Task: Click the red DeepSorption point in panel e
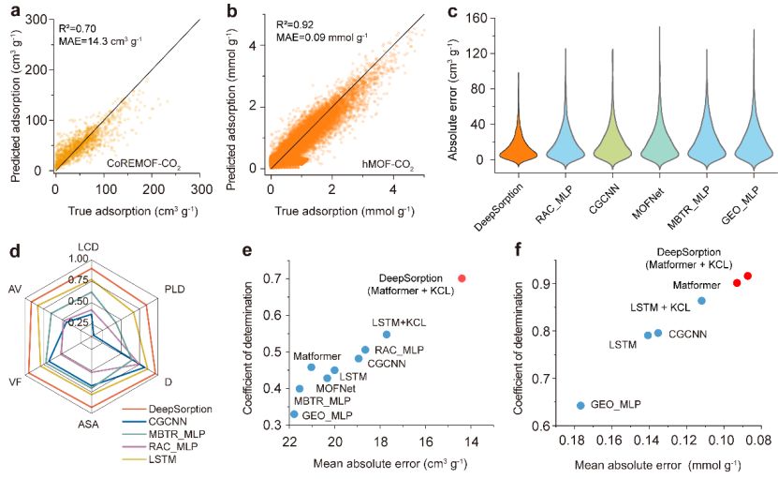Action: [462, 278]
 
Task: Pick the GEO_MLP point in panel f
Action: [580, 406]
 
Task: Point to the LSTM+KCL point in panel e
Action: [387, 334]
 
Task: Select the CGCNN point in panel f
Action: [658, 333]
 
